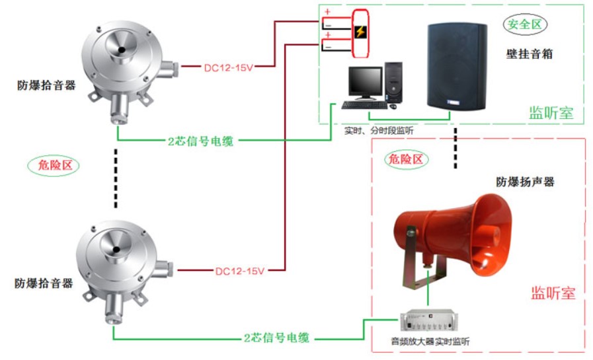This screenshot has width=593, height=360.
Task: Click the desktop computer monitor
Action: coord(366,81)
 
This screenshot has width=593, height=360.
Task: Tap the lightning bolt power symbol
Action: coord(360,32)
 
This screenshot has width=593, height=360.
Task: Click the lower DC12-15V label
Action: coord(240,271)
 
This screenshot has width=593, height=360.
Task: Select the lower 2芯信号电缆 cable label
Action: coord(276,338)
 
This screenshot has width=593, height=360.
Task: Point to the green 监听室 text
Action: coord(551,112)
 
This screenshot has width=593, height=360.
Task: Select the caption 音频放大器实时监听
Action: coord(430,341)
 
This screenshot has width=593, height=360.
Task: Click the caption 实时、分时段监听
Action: coord(379,130)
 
